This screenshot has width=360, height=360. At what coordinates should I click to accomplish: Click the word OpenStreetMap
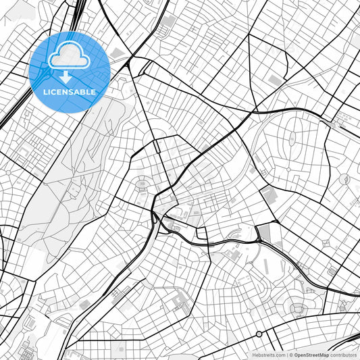311,355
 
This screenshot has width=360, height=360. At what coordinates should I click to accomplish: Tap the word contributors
344,355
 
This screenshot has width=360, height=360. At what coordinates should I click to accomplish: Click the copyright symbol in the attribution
291,355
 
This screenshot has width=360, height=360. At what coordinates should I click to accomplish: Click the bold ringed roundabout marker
259,334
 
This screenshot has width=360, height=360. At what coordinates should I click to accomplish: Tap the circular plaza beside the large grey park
143,183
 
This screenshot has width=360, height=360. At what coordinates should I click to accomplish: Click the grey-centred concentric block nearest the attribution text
298,309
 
